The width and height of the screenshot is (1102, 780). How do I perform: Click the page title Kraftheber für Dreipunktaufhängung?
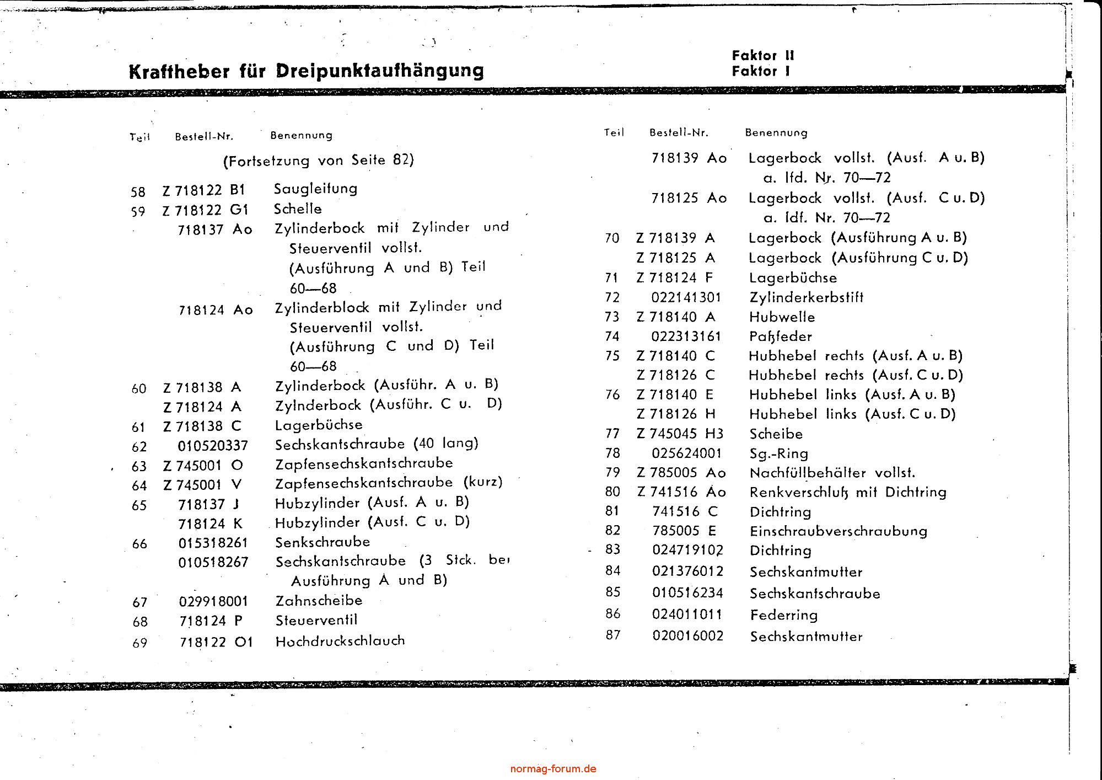[x=306, y=71]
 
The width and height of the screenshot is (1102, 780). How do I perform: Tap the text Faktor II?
[x=763, y=56]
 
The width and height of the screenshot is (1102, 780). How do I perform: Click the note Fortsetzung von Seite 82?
[x=318, y=161]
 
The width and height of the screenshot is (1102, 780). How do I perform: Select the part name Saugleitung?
[x=315, y=189]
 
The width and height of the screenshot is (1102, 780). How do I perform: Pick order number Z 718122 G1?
[x=206, y=210]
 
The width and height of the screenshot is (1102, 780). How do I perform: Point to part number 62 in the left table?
[x=139, y=447]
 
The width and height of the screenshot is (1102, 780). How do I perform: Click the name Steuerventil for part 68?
[x=316, y=620]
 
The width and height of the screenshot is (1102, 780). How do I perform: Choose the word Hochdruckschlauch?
[x=340, y=641]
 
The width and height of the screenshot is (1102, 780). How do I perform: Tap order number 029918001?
[x=213, y=601]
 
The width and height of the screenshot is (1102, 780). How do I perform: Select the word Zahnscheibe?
[x=319, y=601]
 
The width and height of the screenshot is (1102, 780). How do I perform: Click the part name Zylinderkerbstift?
[x=806, y=298]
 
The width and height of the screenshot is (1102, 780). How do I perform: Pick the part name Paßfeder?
[x=780, y=336]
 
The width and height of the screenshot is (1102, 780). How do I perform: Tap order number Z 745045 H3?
[x=680, y=434]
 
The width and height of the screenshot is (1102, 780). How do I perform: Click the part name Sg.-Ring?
[x=778, y=454]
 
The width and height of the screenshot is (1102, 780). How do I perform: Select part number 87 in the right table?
[x=613, y=635]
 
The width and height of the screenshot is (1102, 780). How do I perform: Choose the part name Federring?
[x=783, y=615]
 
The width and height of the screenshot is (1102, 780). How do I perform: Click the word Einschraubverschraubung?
[x=838, y=531]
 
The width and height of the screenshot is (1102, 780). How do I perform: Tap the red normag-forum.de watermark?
[x=553, y=769]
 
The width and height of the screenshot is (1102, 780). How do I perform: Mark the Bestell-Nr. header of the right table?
[x=679, y=133]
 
